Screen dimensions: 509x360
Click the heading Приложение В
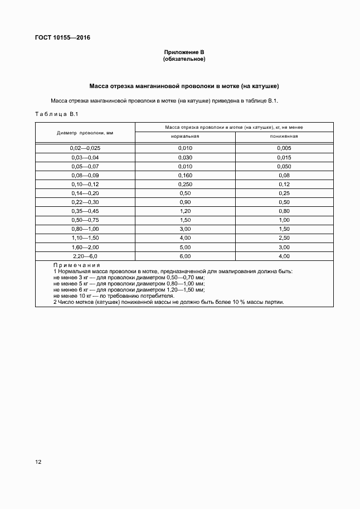click(184, 52)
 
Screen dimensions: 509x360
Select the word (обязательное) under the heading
click(184, 59)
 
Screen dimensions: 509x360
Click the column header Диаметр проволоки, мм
click(85, 133)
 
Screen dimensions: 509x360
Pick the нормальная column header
click(185, 136)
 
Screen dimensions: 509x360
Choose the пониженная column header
click(284, 136)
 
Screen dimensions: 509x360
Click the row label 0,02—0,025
click(85, 148)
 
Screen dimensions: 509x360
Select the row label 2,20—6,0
click(85, 256)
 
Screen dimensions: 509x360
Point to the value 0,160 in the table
click(185, 175)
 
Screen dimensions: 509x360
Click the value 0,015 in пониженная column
click(284, 157)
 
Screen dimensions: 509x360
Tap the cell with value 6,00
click(185, 256)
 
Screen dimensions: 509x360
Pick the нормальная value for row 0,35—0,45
click(185, 211)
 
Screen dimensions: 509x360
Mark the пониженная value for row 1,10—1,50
click(284, 238)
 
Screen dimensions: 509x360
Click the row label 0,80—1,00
click(85, 229)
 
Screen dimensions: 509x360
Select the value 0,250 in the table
click(185, 184)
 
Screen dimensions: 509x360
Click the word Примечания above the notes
click(77, 265)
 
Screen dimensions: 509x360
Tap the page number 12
click(38, 462)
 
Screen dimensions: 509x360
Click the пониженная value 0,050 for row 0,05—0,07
click(284, 166)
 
